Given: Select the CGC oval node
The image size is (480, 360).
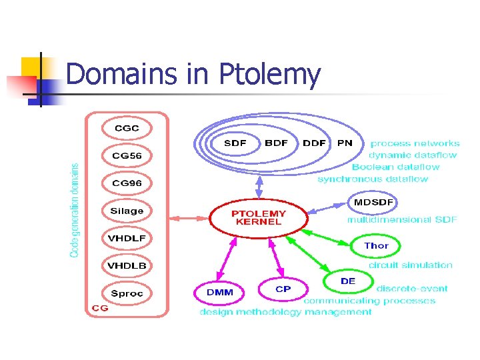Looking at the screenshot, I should tap(127, 127).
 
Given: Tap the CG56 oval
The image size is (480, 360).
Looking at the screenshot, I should tap(127, 155).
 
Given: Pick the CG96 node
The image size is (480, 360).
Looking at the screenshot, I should tap(127, 183).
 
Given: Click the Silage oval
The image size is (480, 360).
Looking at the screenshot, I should tap(127, 211).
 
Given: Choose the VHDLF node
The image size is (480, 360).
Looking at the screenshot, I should tap(127, 238).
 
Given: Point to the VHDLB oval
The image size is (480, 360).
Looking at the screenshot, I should tap(127, 265).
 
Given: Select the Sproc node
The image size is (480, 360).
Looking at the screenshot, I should tap(127, 293).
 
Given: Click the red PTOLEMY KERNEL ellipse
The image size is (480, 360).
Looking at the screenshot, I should tap(259, 217).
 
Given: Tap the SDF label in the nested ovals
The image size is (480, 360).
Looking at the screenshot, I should tap(235, 143).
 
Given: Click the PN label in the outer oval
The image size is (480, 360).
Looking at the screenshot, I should tap(345, 143).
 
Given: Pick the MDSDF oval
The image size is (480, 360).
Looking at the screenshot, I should tap(373, 202).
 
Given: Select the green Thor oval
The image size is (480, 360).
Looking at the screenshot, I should tap(376, 245).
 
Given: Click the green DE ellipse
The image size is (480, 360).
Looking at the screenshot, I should tap(348, 281).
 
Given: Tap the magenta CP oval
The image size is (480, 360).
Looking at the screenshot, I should tap(283, 289).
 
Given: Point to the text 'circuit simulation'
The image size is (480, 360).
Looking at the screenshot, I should tap(410, 265).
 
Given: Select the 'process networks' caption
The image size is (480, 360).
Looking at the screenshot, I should tap(415, 143).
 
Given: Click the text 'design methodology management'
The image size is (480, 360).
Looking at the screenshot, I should tap(285, 312).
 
